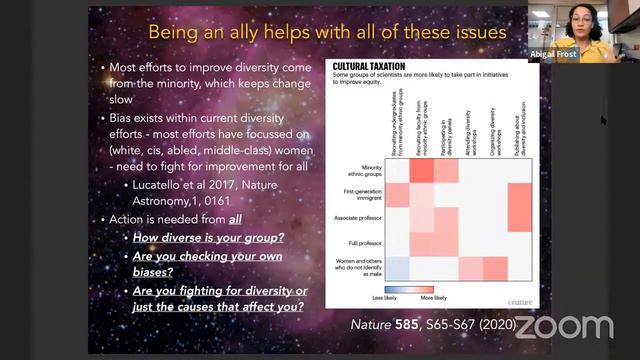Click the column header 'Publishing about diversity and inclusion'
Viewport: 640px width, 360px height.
518,124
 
